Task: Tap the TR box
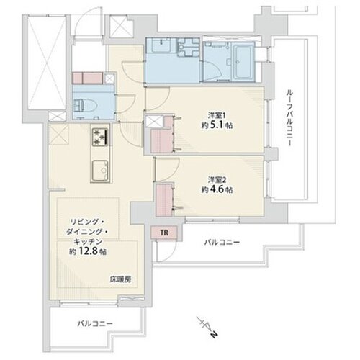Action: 163,233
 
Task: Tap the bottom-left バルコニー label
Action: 95,323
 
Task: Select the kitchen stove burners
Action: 99,136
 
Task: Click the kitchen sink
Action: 99,171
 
